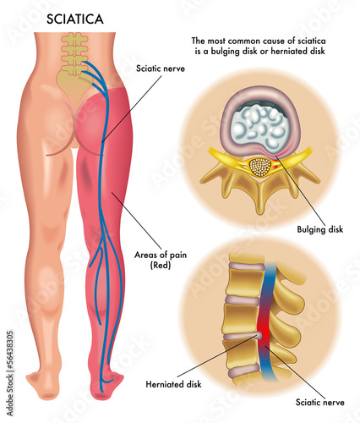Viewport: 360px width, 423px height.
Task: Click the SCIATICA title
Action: (x=75, y=19)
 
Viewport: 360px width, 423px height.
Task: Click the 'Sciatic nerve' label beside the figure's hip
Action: (x=161, y=69)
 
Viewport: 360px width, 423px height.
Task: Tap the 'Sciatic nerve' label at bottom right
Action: (x=320, y=402)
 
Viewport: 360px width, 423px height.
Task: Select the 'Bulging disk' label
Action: (x=320, y=229)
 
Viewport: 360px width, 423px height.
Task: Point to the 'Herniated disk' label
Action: (x=173, y=384)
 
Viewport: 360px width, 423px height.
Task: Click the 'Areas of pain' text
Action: (x=161, y=255)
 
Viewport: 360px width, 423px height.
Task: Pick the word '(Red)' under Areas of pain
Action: (x=161, y=266)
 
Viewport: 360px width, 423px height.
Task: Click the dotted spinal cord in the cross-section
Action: (x=260, y=168)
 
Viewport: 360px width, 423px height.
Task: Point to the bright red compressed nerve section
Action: (x=262, y=327)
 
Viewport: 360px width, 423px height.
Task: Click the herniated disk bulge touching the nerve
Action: (x=259, y=335)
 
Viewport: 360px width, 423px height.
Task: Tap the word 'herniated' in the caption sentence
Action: (x=292, y=52)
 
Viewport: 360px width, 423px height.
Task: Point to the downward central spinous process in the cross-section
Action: (x=260, y=197)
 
